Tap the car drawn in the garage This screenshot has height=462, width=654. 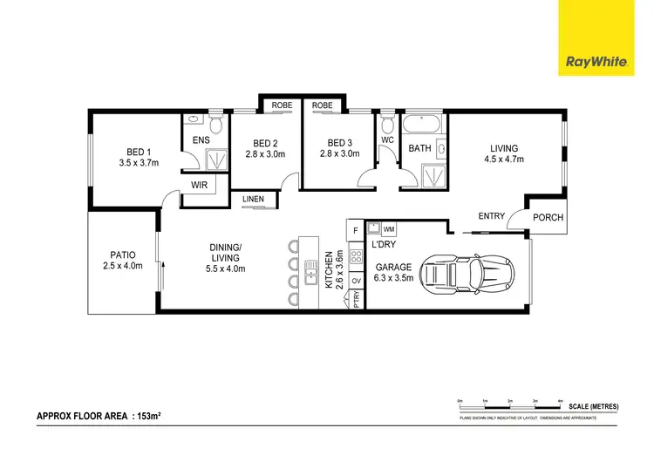point(469,274)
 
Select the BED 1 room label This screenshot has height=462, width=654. point(134,150)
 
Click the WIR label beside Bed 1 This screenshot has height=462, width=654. point(200,185)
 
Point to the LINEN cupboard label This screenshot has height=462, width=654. point(253,200)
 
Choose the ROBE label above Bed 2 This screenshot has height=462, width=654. point(282,105)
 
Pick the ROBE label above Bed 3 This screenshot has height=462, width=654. point(323,105)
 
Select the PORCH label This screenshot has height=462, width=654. point(548,217)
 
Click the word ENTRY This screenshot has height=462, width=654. point(492,216)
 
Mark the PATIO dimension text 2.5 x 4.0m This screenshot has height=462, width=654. point(121,266)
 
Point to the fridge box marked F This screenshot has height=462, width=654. point(355,230)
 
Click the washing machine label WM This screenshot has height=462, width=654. point(388,228)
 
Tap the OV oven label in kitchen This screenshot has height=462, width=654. point(356,281)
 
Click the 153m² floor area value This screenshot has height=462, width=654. point(147,417)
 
